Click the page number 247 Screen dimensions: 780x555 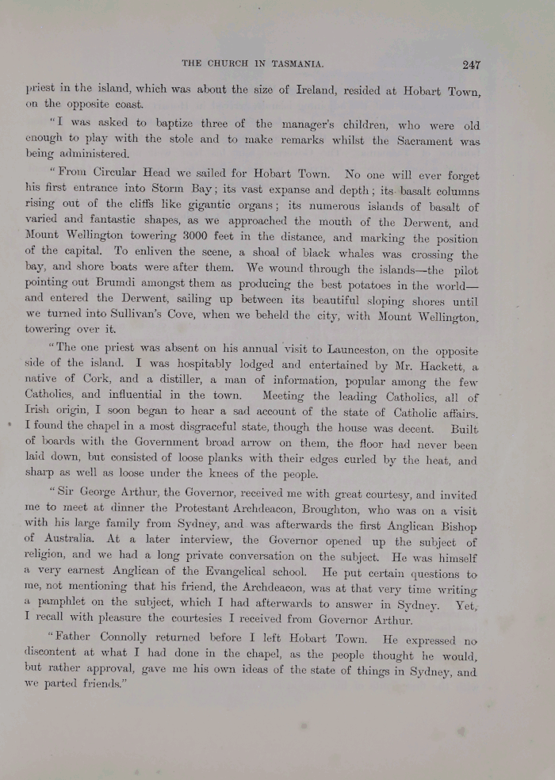pyautogui.click(x=468, y=65)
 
